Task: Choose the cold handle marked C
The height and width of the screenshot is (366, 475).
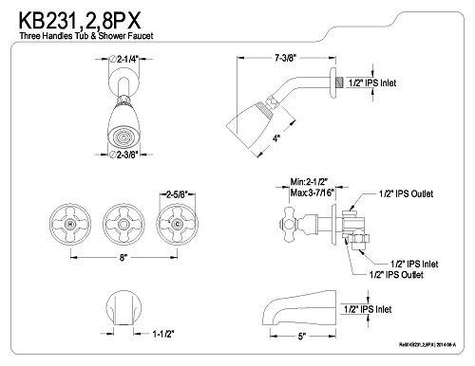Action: pos(177,224)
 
